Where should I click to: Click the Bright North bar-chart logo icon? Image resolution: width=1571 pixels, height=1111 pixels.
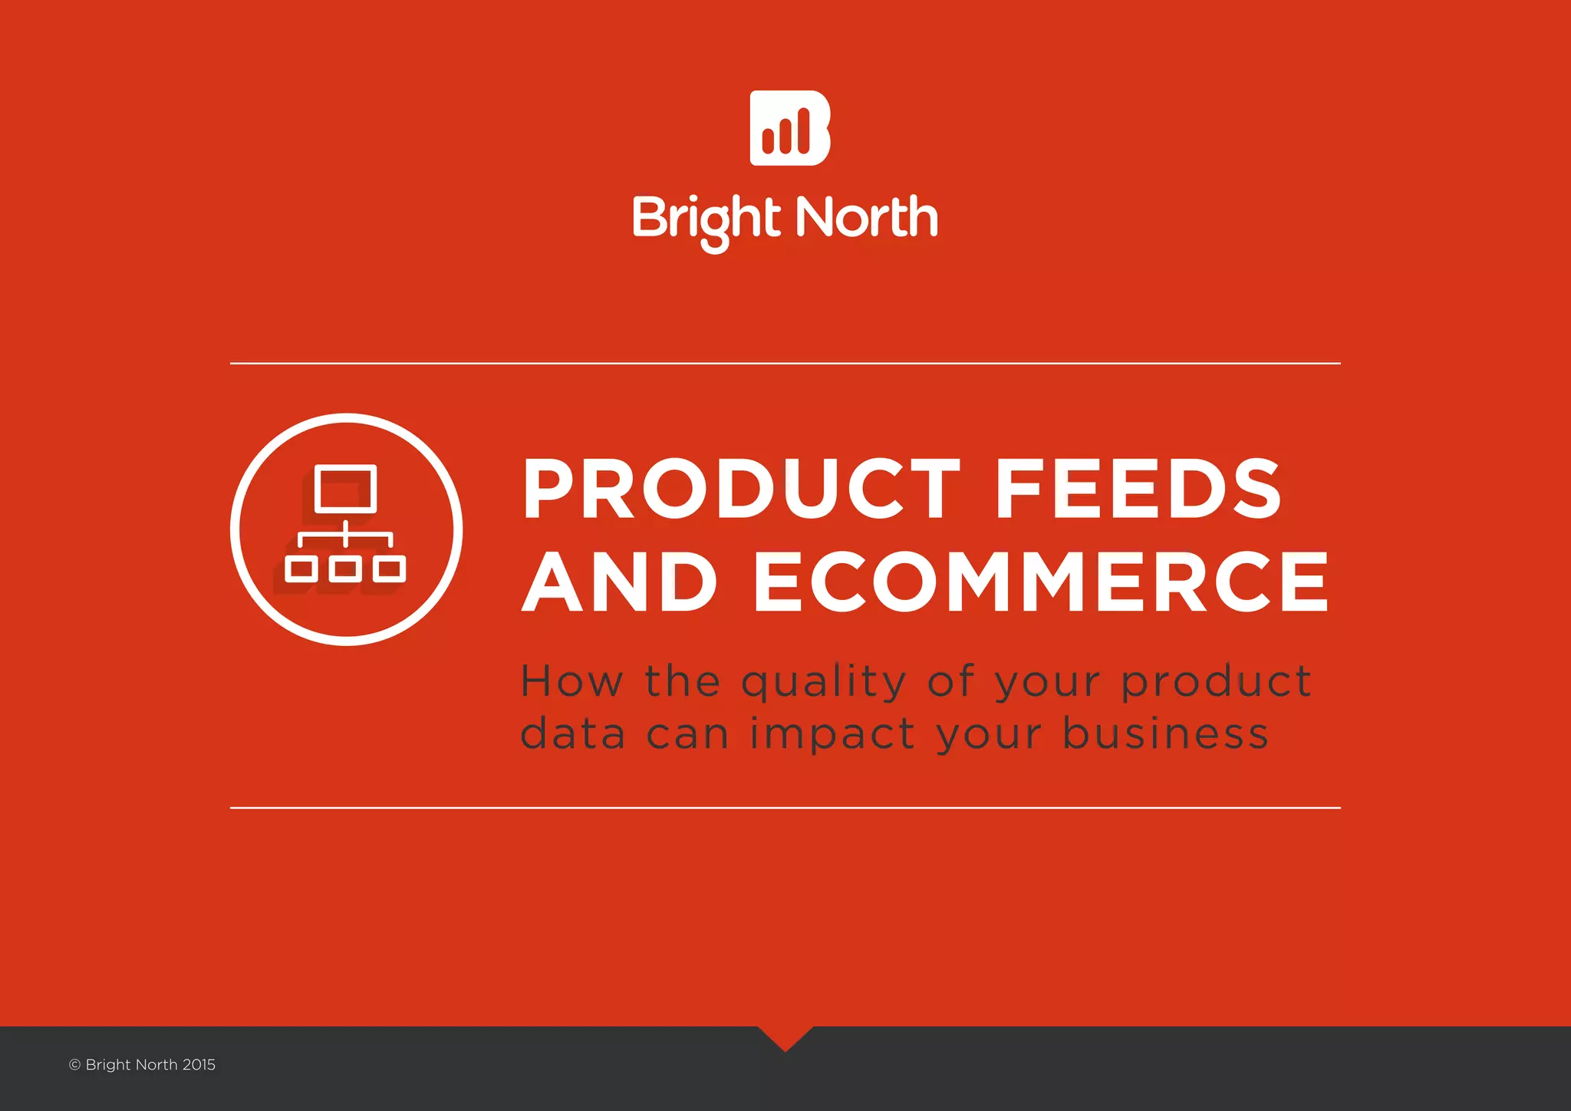coord(789,128)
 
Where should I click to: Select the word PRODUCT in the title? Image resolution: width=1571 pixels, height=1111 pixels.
coord(741,489)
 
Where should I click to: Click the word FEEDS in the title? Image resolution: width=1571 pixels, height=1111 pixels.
coord(1138,489)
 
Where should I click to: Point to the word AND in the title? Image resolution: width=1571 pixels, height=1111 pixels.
coord(620,582)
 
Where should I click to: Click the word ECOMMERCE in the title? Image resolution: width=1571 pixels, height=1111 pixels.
coord(1042,582)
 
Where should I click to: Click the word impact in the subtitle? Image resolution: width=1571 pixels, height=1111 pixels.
coord(832,734)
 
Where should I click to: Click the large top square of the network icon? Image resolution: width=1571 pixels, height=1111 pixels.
coord(346,488)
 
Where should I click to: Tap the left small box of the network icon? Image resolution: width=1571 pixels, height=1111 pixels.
coord(301,569)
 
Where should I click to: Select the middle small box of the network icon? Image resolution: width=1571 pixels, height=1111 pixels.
coord(346,569)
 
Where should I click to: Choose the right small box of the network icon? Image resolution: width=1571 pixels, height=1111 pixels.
coord(390,569)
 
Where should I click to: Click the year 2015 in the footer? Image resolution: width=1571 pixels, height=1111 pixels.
coord(199,1065)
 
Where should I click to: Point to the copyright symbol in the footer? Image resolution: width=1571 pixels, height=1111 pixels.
coord(74,1065)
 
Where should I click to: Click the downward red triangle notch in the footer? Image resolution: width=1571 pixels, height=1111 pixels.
coord(785,1037)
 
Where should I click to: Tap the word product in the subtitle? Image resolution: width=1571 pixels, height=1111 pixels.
coord(1216,682)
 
